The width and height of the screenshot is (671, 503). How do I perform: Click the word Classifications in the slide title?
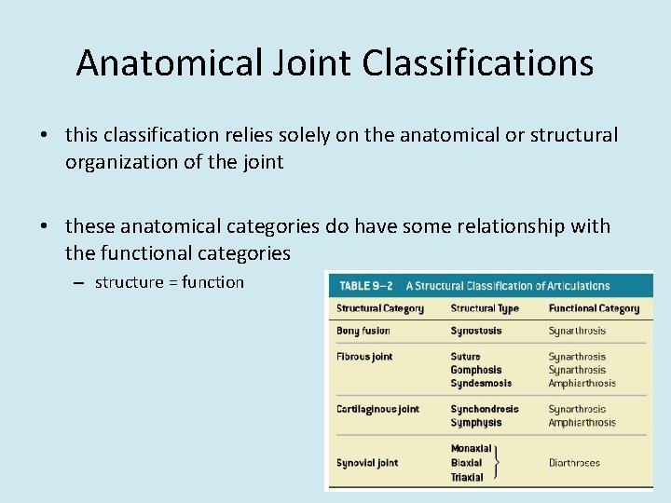point(478,63)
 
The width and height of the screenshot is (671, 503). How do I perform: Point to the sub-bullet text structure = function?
point(169,282)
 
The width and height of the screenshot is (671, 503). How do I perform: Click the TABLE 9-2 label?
point(366,285)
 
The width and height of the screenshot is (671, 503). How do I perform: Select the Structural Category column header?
point(379,308)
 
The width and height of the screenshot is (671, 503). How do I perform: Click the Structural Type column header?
point(485,308)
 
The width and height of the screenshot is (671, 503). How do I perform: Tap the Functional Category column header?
point(594,308)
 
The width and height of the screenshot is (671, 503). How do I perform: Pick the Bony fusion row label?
point(363,331)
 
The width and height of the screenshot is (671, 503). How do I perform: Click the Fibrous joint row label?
point(364,357)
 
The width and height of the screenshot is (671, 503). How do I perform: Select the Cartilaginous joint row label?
point(377,409)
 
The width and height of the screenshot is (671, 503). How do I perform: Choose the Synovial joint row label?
point(367,463)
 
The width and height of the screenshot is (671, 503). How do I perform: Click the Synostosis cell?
point(475,331)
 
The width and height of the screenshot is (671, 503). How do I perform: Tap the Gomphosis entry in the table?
point(475,370)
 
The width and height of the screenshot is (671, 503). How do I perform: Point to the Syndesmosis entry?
point(480,383)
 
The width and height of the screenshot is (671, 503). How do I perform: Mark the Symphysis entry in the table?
point(475,422)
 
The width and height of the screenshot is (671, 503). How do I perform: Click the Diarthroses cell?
point(574,463)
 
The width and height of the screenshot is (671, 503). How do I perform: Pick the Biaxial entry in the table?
point(466,463)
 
